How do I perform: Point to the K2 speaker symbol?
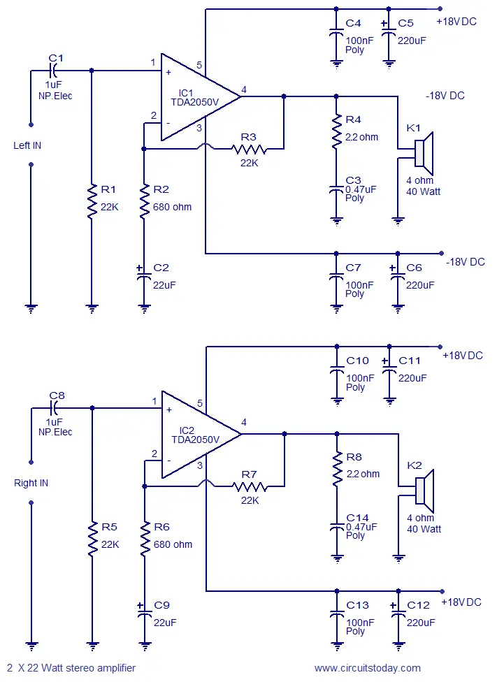[x=424, y=491]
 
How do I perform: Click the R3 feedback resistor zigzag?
[x=250, y=150]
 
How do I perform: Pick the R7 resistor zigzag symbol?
[x=250, y=487]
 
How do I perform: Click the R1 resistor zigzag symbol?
[x=92, y=201]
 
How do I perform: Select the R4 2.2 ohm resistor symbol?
[x=336, y=131]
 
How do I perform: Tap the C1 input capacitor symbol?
[x=53, y=70]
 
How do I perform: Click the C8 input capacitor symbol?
[x=54, y=408]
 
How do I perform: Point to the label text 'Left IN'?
[x=27, y=145]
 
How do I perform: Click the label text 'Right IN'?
[x=31, y=483]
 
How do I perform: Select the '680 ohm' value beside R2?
[x=173, y=207]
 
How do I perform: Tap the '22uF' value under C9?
[x=165, y=623]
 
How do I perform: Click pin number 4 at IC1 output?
[x=244, y=89]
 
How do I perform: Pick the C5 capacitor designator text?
[x=405, y=23]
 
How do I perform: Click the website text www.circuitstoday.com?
[x=367, y=668]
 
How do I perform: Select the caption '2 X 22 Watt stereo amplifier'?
[x=71, y=667]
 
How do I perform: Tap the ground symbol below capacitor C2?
[x=144, y=310]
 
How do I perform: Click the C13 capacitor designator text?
[x=357, y=605]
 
